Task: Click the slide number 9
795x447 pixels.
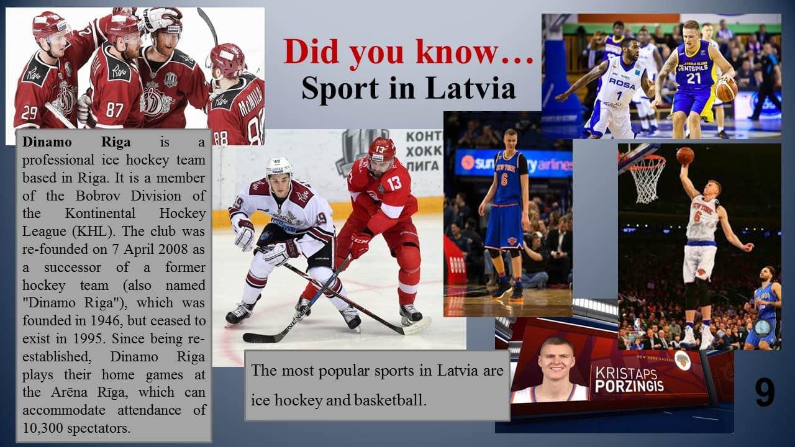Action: point(765,392)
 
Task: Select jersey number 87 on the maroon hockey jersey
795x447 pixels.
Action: point(114,110)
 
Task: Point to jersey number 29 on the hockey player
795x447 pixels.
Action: point(29,113)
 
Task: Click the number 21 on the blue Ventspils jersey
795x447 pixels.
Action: point(694,78)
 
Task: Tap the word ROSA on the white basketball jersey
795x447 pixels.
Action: point(622,83)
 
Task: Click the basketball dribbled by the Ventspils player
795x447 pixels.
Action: point(727,90)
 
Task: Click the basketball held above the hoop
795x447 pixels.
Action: point(685,155)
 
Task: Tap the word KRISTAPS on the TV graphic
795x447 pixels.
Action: point(626,372)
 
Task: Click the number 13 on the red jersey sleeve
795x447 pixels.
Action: point(394,183)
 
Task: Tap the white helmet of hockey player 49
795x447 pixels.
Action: point(279,166)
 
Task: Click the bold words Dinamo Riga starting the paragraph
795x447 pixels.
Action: point(76,142)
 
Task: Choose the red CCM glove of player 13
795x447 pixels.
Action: point(359,244)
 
